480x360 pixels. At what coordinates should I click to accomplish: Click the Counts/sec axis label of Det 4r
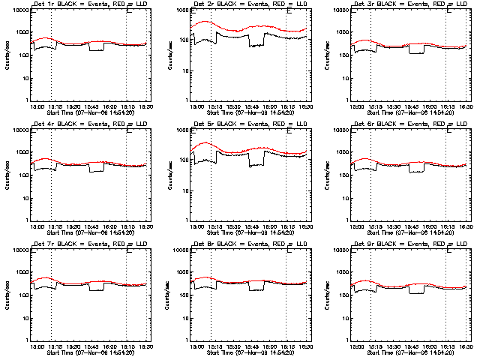pyautogui.click(x=7, y=175)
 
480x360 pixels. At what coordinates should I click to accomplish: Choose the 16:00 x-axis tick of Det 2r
pyautogui.click(x=269, y=106)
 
